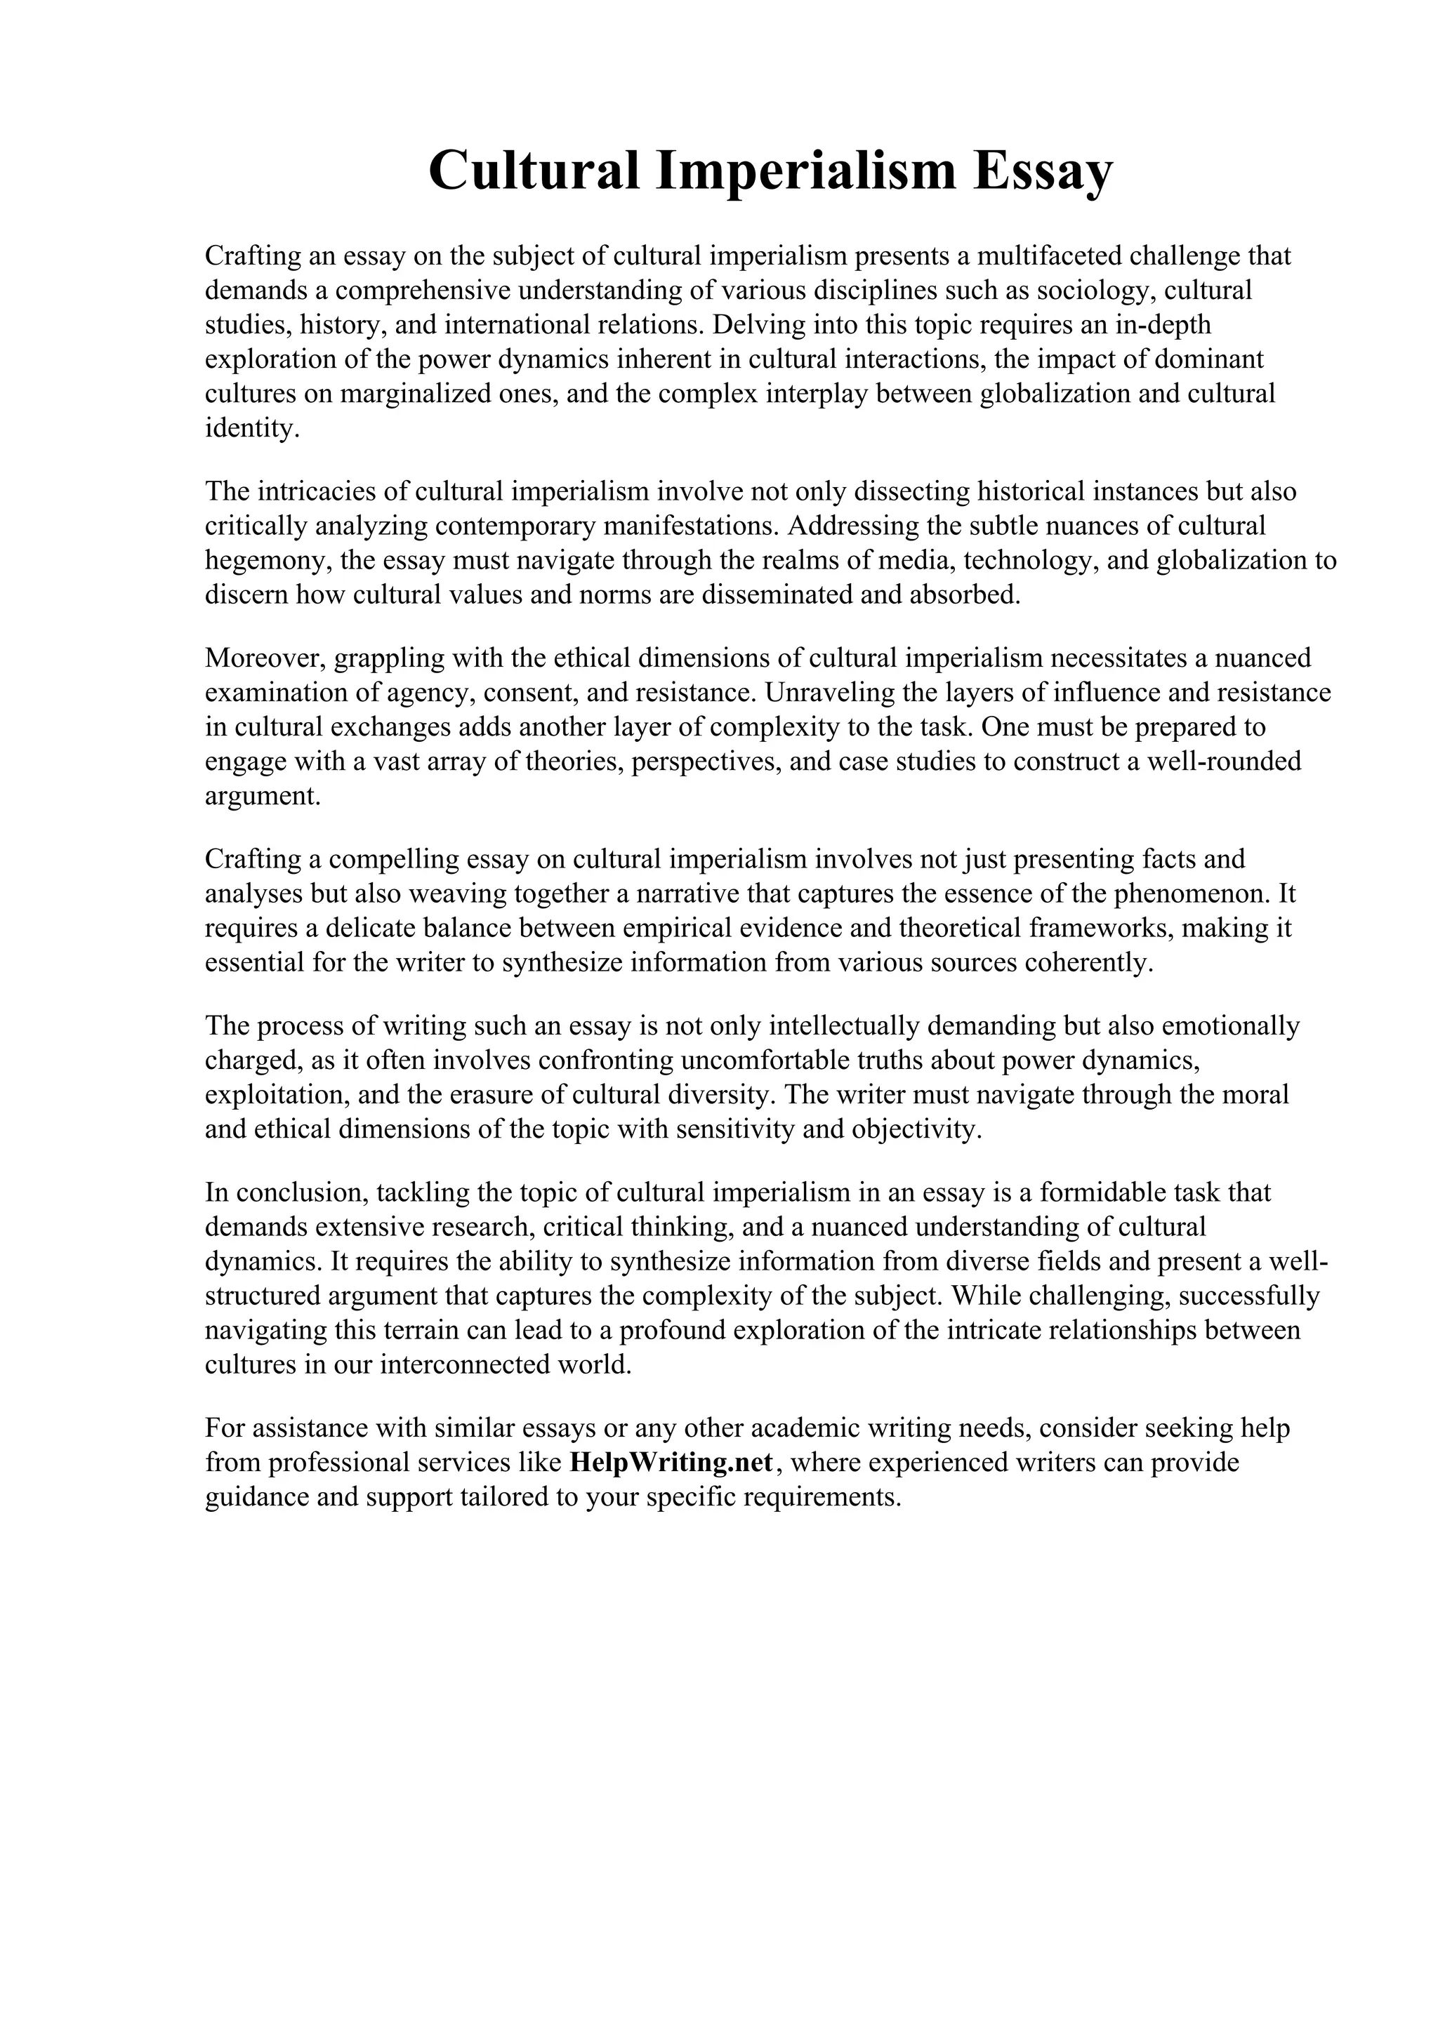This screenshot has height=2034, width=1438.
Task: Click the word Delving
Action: (756, 325)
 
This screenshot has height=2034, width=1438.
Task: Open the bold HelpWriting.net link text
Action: (671, 1463)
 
